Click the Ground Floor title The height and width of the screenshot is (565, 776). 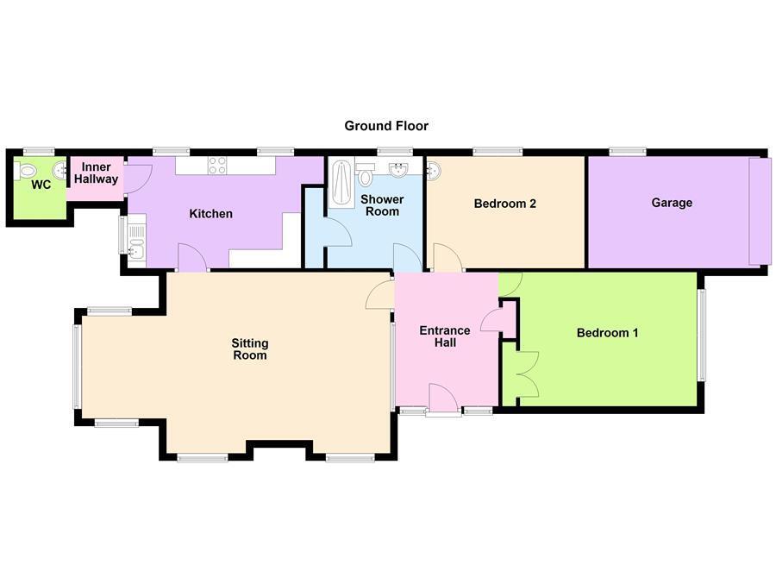pyautogui.click(x=386, y=126)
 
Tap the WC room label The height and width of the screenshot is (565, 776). pyautogui.click(x=41, y=185)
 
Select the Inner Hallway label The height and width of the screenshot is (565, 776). pyautogui.click(x=96, y=173)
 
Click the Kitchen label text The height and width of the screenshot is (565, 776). pyautogui.click(x=211, y=213)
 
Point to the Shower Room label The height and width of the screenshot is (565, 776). pyautogui.click(x=382, y=205)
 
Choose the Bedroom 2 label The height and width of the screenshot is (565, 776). pyautogui.click(x=504, y=204)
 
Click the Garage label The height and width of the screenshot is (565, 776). pyautogui.click(x=672, y=203)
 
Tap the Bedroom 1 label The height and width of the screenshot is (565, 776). pyautogui.click(x=607, y=333)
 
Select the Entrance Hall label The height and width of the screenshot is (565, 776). pyautogui.click(x=445, y=336)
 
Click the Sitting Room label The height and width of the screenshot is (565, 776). pyautogui.click(x=250, y=349)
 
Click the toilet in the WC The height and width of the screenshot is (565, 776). pyautogui.click(x=26, y=171)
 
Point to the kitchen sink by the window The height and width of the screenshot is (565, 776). pyautogui.click(x=136, y=242)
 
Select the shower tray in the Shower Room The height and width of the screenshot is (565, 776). pyautogui.click(x=341, y=183)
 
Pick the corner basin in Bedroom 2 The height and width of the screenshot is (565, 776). pyautogui.click(x=434, y=171)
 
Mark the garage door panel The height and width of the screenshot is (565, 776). pyautogui.click(x=760, y=211)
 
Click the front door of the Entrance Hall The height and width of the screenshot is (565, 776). pyautogui.click(x=443, y=398)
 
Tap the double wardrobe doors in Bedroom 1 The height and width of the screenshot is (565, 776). pyautogui.click(x=528, y=374)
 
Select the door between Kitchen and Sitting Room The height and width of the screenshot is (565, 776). pyautogui.click(x=192, y=258)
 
